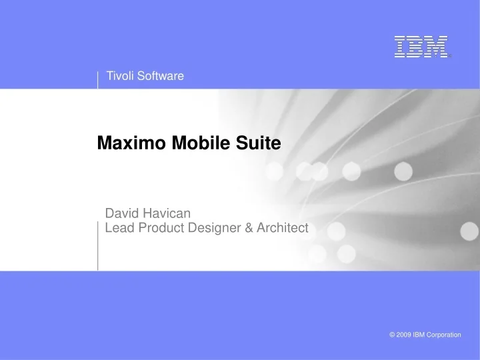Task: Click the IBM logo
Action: [x=421, y=46]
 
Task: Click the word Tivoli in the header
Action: [x=120, y=77]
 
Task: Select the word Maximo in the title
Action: [x=129, y=143]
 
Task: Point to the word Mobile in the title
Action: [x=189, y=143]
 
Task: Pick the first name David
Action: [x=121, y=213]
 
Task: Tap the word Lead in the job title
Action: [x=119, y=228]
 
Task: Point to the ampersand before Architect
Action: [x=249, y=228]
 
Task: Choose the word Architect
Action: [x=283, y=228]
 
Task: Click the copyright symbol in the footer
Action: [x=392, y=335]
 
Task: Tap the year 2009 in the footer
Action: [x=404, y=335]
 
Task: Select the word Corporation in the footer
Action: [x=443, y=335]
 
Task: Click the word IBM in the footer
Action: [x=419, y=335]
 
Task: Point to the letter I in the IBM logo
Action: [x=399, y=46]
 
